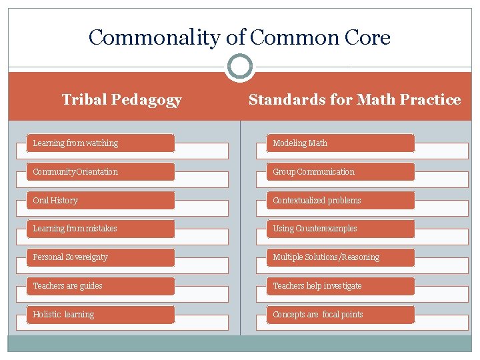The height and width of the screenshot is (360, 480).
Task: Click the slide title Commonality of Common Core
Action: (x=239, y=37)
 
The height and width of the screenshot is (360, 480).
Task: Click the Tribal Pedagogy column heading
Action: (x=121, y=100)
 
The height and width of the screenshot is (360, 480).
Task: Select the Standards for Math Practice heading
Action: (x=354, y=100)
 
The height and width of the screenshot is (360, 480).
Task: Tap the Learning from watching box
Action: (x=101, y=143)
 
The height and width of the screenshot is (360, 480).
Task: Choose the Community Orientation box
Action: (x=101, y=172)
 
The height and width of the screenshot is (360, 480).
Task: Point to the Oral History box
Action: (x=101, y=201)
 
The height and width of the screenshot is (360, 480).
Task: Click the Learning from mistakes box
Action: (x=101, y=229)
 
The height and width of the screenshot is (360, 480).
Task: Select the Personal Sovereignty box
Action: (x=101, y=257)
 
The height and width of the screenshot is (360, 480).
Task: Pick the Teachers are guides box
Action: (x=101, y=286)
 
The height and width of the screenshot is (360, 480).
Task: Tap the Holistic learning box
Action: (x=101, y=315)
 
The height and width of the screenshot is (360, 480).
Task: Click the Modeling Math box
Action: (x=341, y=143)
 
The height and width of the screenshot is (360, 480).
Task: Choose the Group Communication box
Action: (x=341, y=172)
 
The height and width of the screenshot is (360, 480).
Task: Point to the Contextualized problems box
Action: (x=341, y=201)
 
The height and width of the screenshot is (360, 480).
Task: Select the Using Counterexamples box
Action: (x=341, y=229)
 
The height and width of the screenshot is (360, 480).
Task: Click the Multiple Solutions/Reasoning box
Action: (x=341, y=257)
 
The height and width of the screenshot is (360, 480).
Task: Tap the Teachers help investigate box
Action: (x=341, y=286)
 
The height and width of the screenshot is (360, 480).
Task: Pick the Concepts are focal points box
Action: (x=341, y=315)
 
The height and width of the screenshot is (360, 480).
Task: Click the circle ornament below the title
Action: (x=240, y=67)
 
